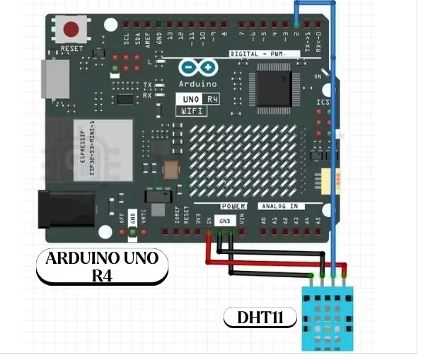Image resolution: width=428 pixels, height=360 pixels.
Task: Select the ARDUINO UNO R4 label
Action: [x=102, y=266]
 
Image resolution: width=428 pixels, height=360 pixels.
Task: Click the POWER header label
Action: [x=233, y=207]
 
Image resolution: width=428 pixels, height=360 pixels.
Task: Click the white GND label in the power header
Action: [x=225, y=221]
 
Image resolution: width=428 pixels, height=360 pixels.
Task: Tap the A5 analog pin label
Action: [x=318, y=221]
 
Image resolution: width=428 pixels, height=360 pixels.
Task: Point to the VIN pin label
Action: [x=243, y=221]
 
